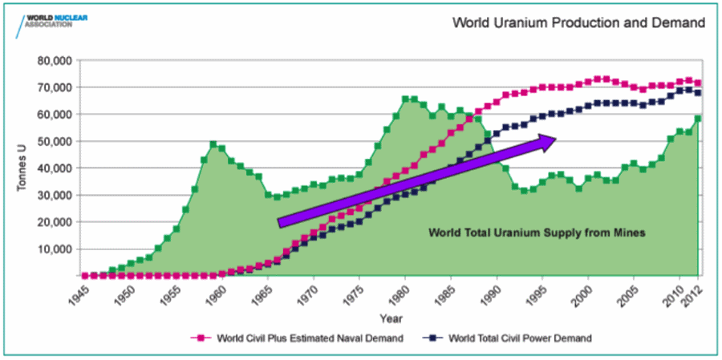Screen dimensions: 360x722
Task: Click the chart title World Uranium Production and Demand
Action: tap(578, 22)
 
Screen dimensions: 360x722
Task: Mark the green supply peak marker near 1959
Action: tap(213, 144)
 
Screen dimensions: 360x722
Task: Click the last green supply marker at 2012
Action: tap(698, 119)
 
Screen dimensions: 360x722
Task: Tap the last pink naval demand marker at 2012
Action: tap(698, 83)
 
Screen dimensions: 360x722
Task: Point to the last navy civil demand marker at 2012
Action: tap(698, 93)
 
